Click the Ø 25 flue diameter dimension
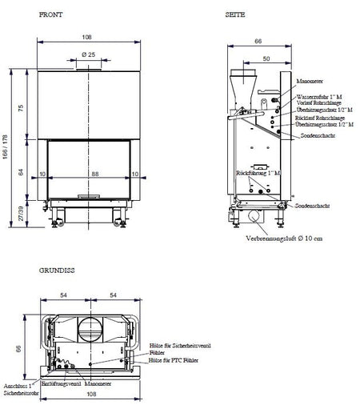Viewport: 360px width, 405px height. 89,54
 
